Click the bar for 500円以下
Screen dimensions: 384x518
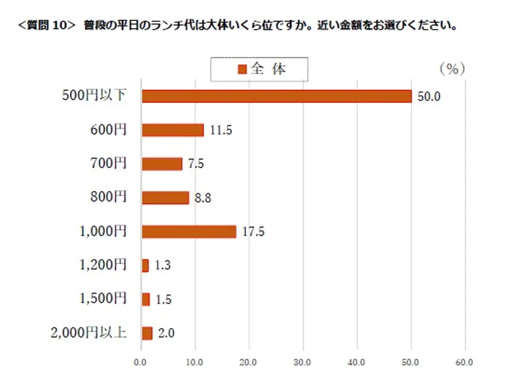(276, 96)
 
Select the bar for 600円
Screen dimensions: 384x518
(173, 130)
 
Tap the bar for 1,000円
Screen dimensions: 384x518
(189, 231)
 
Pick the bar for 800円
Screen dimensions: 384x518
(165, 198)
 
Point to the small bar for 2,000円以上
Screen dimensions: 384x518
(147, 333)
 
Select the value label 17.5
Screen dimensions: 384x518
(253, 232)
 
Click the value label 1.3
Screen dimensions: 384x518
(163, 266)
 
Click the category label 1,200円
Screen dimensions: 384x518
(103, 265)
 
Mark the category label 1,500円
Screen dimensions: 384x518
(103, 298)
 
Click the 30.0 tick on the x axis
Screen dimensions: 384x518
(303, 362)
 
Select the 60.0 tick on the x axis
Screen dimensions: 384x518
(464, 362)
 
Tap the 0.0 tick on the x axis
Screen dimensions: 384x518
(141, 362)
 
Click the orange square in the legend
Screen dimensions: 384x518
(242, 69)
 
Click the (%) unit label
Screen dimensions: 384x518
(452, 69)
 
